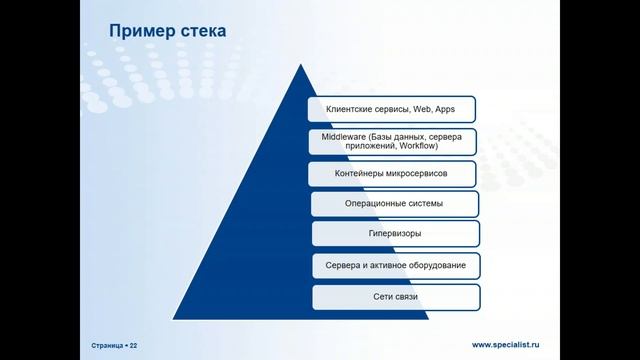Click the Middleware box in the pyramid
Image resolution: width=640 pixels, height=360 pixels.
coord(392,140)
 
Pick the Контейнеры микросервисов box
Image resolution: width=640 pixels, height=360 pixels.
coord(392,173)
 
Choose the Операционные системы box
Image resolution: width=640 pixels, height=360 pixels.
coord(393,204)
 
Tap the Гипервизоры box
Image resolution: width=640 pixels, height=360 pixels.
coord(394,234)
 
